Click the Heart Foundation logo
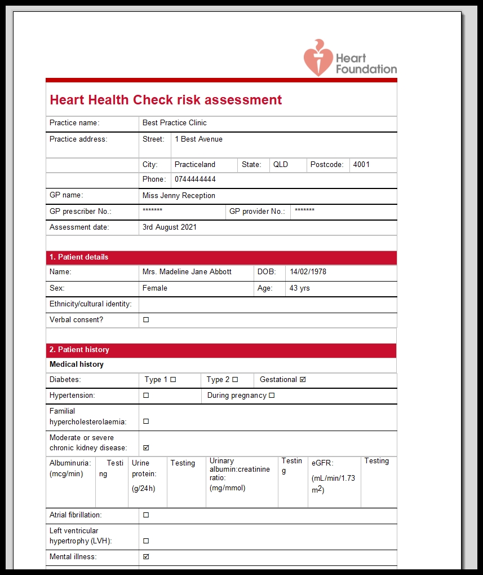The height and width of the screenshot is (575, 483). [x=350, y=58]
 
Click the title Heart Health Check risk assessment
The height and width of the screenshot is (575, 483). [x=166, y=100]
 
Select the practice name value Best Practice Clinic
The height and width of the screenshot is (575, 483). [x=175, y=123]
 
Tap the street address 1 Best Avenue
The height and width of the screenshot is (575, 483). [x=198, y=139]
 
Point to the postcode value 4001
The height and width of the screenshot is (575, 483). [x=361, y=165]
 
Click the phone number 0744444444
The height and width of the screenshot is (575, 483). [x=195, y=179]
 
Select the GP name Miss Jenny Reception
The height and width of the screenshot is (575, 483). [x=179, y=196]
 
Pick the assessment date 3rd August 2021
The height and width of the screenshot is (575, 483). [x=170, y=227]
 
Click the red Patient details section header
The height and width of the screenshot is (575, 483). [x=221, y=257]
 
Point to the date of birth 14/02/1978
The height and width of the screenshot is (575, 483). [x=308, y=272]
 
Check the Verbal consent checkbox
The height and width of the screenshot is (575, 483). [x=146, y=320]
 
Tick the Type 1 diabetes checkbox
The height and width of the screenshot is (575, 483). [x=173, y=380]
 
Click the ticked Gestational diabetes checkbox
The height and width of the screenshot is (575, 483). [x=303, y=380]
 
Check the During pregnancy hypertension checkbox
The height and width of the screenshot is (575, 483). [x=272, y=396]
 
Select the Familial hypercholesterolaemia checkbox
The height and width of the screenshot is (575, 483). [x=146, y=422]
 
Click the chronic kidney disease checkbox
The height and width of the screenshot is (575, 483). [x=146, y=448]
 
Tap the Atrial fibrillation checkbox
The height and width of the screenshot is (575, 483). [x=146, y=515]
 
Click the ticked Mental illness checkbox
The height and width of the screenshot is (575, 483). [x=146, y=557]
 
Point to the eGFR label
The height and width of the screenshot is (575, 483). [x=322, y=463]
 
